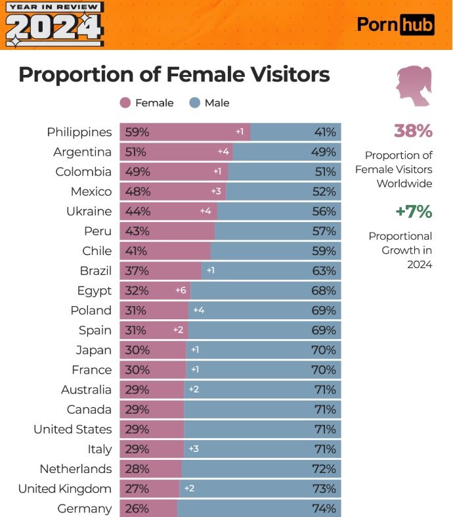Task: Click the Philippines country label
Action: coord(79,132)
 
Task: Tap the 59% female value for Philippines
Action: coord(137,132)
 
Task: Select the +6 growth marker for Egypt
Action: coord(181,290)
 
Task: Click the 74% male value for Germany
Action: coord(325,508)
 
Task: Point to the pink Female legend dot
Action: coord(125,102)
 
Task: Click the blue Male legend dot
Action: coord(194,102)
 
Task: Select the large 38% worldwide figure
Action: coord(413,131)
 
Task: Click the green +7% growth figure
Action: coord(414,212)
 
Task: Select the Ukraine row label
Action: coord(89,212)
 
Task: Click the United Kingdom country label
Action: coord(64,489)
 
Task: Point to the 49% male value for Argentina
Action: coord(325,152)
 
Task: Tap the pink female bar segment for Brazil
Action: coord(164,271)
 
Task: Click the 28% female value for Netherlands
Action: coord(137,469)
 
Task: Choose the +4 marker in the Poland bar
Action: coord(198,310)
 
